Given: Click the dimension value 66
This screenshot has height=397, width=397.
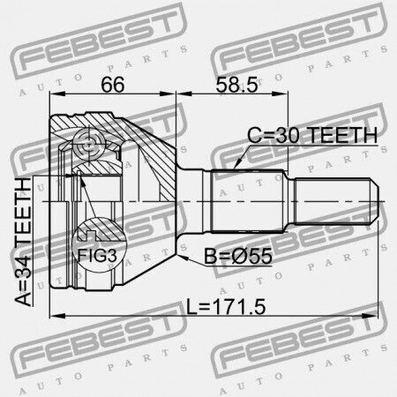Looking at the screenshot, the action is (x=113, y=85).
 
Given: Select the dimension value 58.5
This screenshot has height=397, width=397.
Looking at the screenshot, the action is (x=236, y=85).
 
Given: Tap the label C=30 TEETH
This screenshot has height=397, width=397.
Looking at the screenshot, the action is (x=312, y=135).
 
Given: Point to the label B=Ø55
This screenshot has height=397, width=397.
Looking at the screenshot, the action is (x=238, y=256).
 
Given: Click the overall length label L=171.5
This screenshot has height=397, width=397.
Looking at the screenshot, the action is (x=226, y=306).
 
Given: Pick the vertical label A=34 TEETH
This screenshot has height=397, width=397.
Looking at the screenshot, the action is (x=23, y=242).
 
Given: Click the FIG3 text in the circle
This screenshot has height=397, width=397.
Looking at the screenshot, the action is (x=97, y=255).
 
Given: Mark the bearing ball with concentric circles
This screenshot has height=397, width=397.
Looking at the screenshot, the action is (x=88, y=146).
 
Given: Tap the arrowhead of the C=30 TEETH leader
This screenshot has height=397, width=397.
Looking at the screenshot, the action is (x=238, y=164).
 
